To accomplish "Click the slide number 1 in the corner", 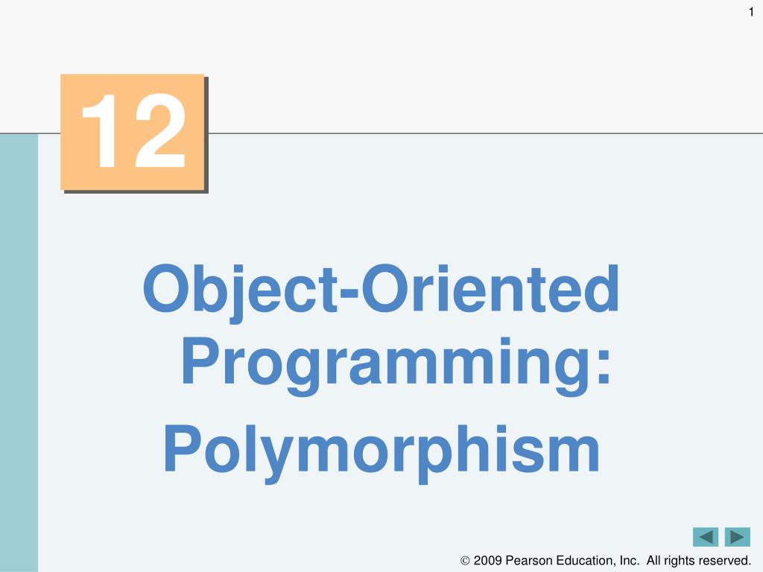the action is [751, 12].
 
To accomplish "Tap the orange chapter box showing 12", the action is [133, 132].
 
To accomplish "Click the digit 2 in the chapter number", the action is [160, 130].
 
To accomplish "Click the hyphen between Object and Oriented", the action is [349, 293].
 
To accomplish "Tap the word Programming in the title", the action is [387, 365].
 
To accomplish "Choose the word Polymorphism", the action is [381, 452].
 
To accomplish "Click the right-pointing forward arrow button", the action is [737, 537].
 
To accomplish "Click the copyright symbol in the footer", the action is [465, 561].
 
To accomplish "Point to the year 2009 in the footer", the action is [487, 560].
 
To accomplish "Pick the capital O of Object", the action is [166, 288].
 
